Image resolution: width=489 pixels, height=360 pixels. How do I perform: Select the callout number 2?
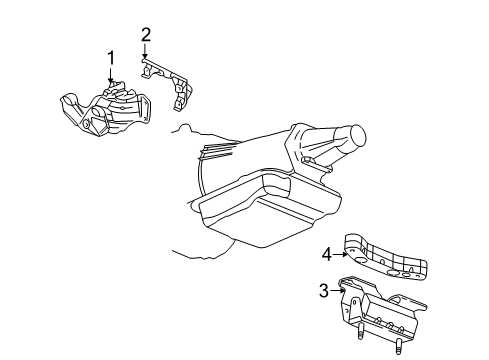tap(146, 35)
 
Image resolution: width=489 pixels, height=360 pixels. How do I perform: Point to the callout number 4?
tap(326, 254)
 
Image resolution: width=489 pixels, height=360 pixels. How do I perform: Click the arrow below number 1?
tap(112, 74)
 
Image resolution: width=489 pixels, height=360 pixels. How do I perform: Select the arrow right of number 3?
tap(337, 291)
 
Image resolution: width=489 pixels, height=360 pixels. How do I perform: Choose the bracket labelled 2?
tap(172, 80)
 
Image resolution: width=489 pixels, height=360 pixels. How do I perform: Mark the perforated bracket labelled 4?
tap(390, 258)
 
